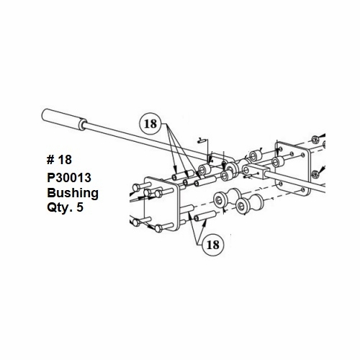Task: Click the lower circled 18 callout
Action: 213,245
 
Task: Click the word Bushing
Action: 72,193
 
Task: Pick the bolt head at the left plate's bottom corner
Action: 158,230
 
